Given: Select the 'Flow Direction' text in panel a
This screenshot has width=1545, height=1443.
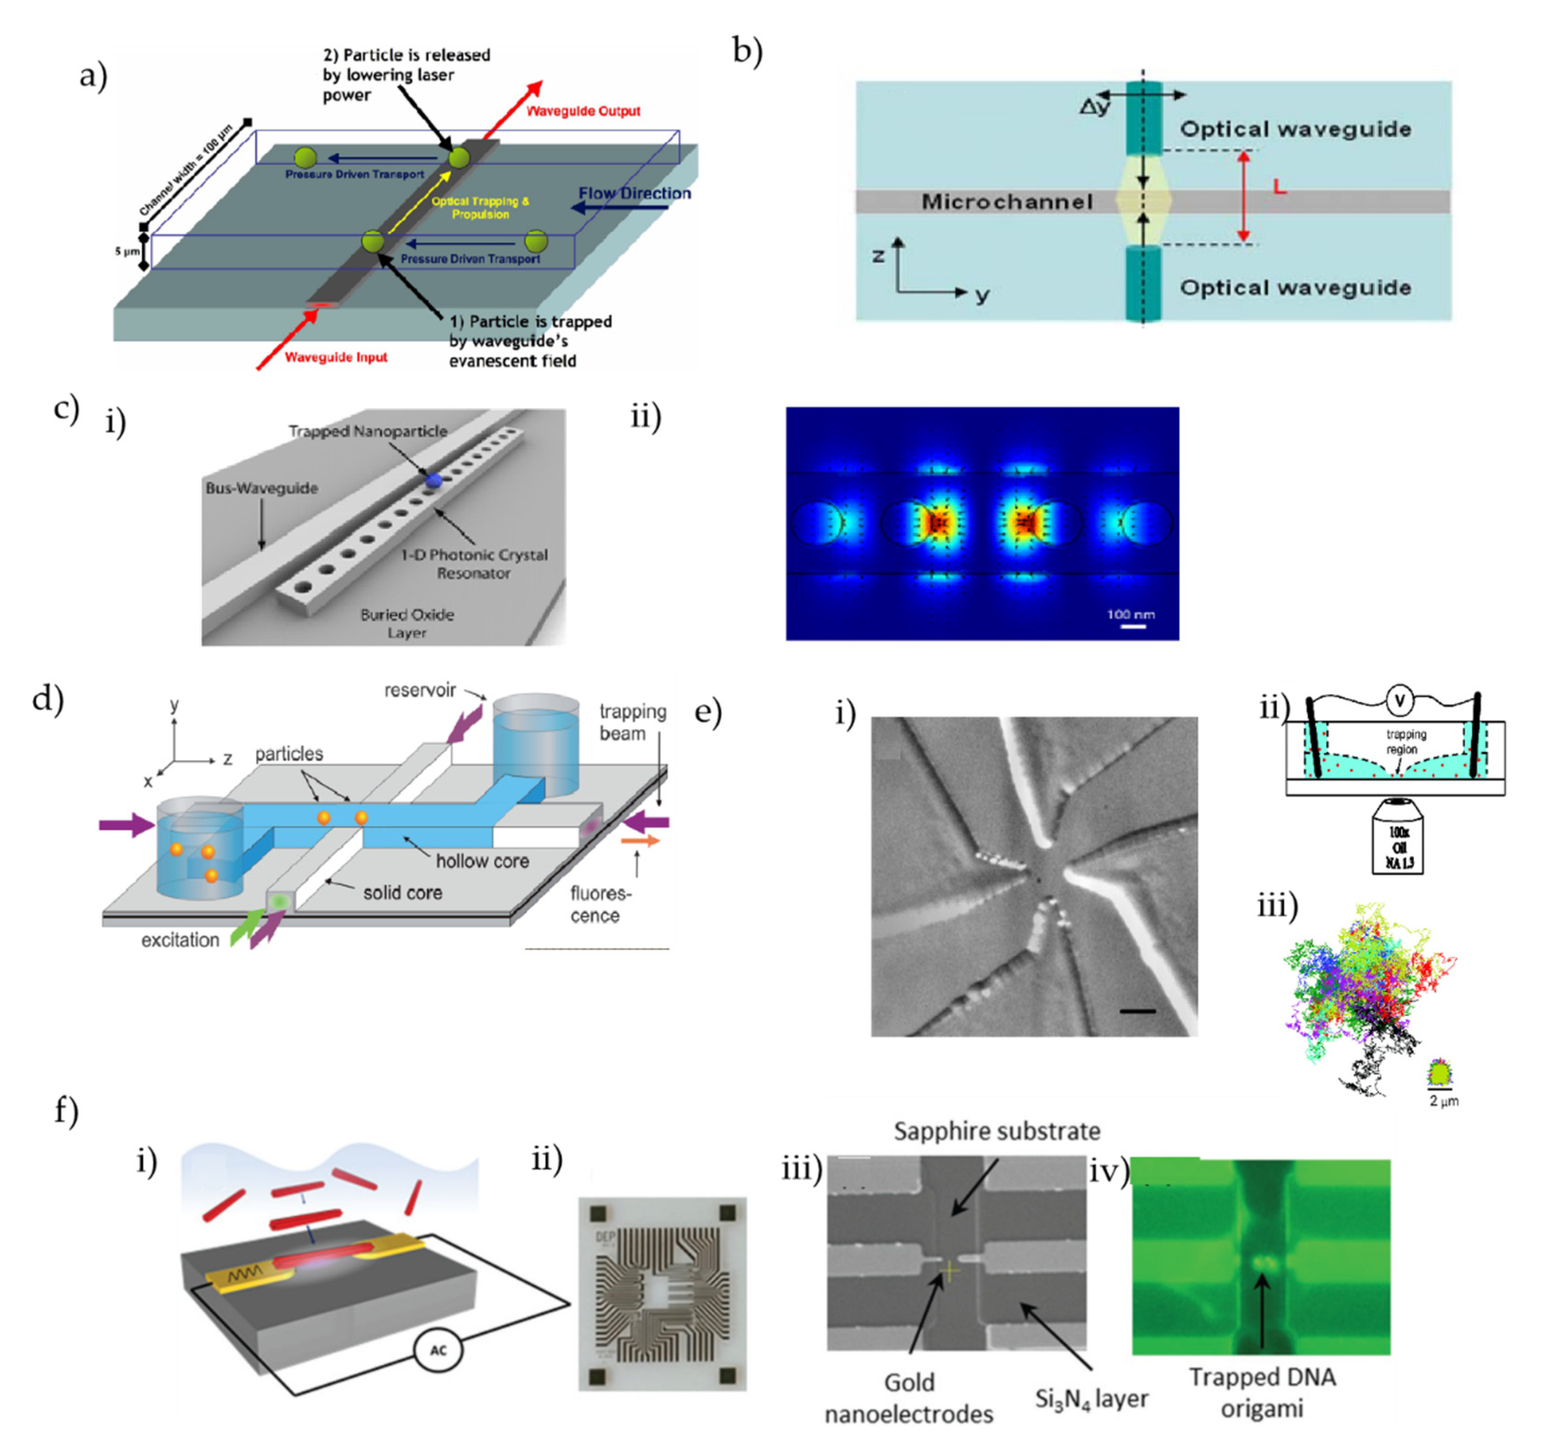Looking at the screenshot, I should [634, 194].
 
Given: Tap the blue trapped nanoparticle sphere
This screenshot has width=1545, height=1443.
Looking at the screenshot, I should [433, 481].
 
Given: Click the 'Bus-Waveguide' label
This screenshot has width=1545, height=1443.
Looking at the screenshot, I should [261, 488].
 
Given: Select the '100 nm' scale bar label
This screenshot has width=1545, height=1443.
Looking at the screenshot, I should [1131, 615].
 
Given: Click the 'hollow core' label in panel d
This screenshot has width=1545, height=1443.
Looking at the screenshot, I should [482, 861].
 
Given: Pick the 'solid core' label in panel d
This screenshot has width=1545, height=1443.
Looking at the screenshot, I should [402, 893].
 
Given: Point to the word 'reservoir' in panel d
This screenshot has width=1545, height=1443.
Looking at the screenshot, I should [420, 690].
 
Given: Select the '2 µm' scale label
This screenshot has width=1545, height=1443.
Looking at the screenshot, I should [1444, 1101].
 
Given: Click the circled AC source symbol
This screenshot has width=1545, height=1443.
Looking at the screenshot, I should [438, 1351].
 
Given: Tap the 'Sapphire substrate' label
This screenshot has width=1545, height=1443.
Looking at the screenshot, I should [996, 1131].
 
